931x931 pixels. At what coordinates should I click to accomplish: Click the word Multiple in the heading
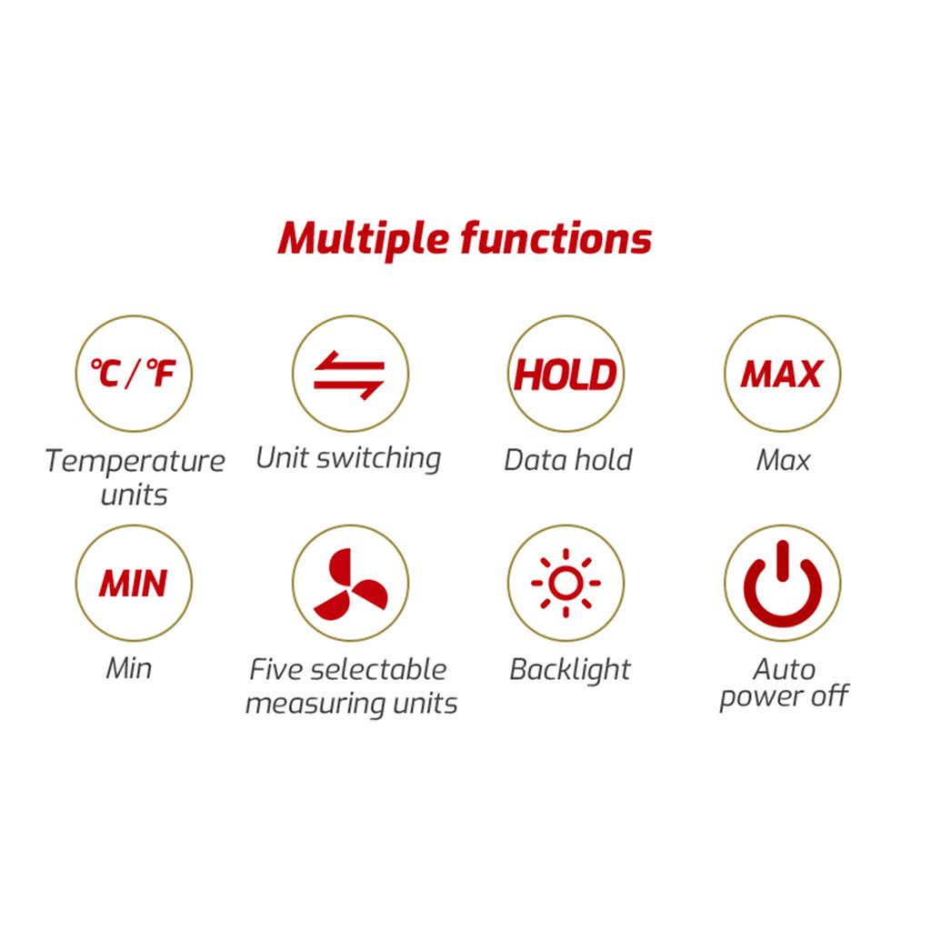click(362, 239)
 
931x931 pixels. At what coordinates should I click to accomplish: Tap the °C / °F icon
click(135, 374)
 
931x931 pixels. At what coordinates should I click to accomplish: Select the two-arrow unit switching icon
click(350, 374)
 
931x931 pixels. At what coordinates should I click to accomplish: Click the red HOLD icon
click(566, 374)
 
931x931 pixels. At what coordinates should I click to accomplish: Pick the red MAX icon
click(782, 374)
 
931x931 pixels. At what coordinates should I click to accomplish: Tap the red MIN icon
click(133, 583)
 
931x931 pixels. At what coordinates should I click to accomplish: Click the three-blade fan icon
click(350, 583)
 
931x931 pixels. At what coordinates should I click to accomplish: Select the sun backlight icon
click(566, 583)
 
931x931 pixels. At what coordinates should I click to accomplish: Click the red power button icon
click(782, 583)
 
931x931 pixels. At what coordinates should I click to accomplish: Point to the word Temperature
click(135, 461)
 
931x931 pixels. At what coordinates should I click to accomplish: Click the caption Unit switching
click(348, 457)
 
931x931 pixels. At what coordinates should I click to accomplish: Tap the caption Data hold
click(567, 459)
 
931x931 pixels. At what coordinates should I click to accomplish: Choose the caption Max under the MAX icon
click(782, 460)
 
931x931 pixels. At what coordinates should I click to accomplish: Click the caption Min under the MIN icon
click(129, 669)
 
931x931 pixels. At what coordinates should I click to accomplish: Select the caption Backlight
click(569, 670)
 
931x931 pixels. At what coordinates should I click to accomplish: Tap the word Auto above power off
click(784, 670)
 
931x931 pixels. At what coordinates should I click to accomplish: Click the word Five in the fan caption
click(275, 670)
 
